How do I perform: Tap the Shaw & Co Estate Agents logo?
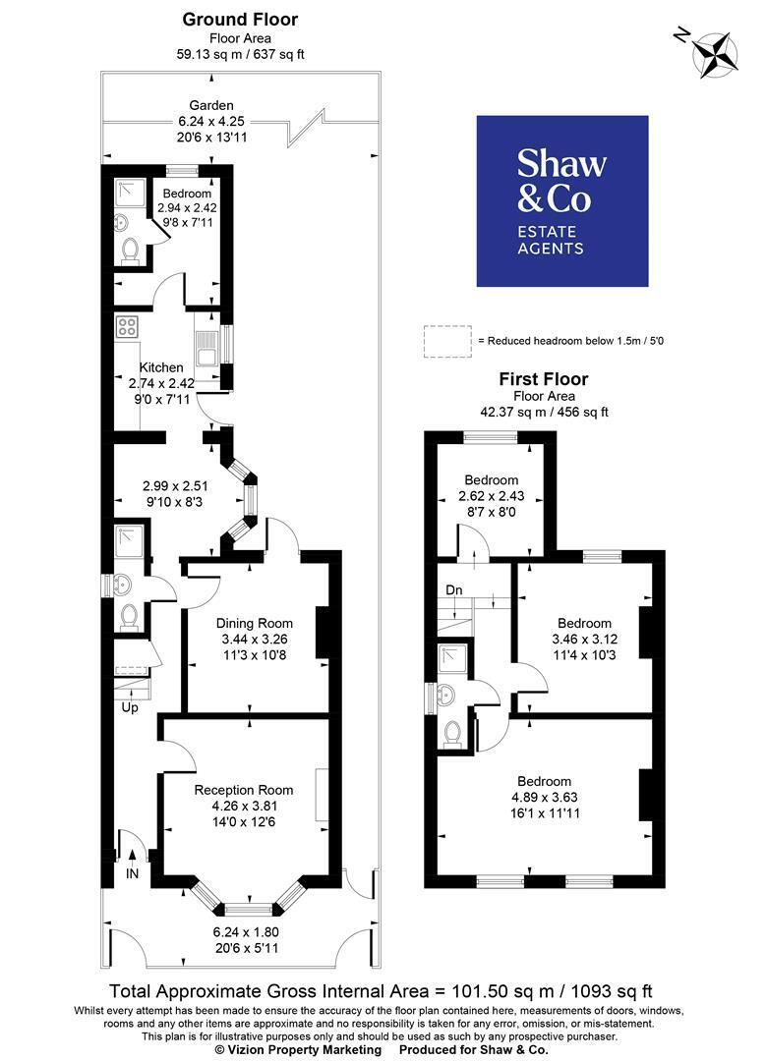(x=562, y=201)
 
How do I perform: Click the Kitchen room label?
(x=161, y=367)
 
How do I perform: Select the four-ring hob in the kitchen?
(x=127, y=327)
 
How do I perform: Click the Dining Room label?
(x=254, y=623)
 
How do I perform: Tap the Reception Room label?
(x=243, y=790)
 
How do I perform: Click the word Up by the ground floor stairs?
(x=130, y=707)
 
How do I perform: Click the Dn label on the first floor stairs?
(x=453, y=590)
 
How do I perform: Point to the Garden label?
(x=211, y=105)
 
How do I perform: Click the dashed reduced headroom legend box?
(x=447, y=341)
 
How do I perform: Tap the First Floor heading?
(x=544, y=379)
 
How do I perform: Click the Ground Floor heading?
(x=240, y=20)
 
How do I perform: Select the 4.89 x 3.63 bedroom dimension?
(x=545, y=797)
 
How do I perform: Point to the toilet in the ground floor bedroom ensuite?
(x=129, y=251)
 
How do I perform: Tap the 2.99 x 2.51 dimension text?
(x=175, y=486)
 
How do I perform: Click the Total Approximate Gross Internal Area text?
(x=382, y=991)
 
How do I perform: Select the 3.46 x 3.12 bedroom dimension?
(x=585, y=639)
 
